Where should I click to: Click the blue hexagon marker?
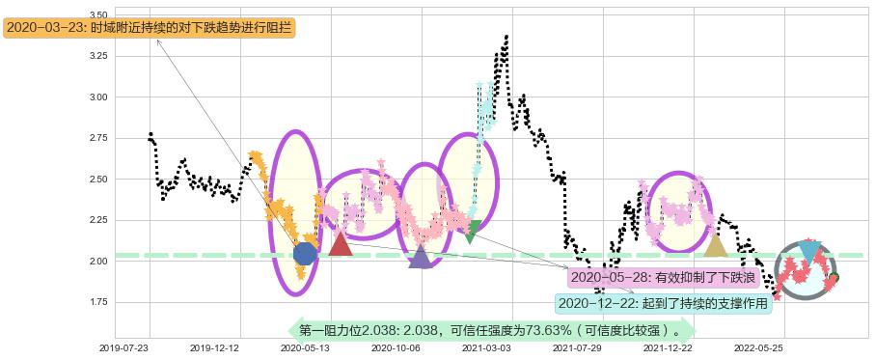coord(305,253)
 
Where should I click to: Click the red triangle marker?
coord(340,243)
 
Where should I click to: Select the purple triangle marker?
coord(421,257)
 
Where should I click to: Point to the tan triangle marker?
coord(715,245)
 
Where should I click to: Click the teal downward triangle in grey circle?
coord(808,252)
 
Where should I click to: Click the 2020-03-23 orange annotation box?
coord(150,28)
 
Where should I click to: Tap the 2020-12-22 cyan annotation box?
coord(664,303)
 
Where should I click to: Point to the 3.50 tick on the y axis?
coord(97,15)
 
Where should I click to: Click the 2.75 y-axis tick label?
coord(97,139)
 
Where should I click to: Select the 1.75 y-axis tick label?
coord(97,302)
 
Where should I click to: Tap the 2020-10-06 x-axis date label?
coord(395,347)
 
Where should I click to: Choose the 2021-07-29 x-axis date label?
coord(576,347)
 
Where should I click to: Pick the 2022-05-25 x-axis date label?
coord(757,347)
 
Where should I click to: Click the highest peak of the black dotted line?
coord(506,38)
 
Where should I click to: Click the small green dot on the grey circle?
coord(834,277)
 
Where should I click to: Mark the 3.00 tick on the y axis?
coord(97,97)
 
